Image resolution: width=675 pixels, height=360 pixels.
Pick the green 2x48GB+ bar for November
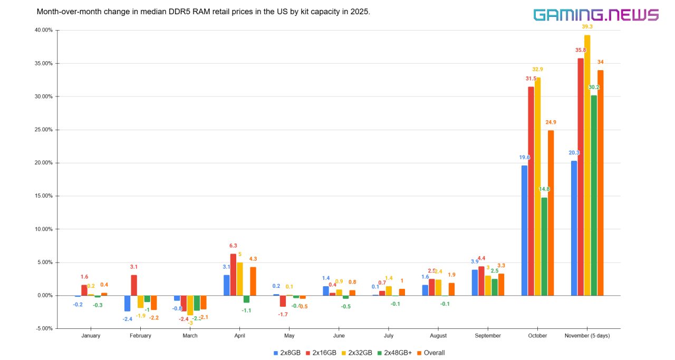click(594, 195)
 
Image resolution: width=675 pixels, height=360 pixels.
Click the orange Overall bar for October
click(551, 213)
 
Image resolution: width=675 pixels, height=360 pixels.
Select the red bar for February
click(134, 285)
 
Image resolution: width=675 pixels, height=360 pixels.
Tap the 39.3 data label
click(587, 26)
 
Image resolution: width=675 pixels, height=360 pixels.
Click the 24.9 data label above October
click(551, 122)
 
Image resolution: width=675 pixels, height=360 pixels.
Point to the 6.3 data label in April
click(233, 246)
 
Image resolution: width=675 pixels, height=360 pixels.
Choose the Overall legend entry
click(434, 353)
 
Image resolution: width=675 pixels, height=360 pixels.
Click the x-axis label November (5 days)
click(587, 336)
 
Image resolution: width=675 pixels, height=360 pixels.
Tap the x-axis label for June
click(339, 336)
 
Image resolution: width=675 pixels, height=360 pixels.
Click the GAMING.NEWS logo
click(596, 15)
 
